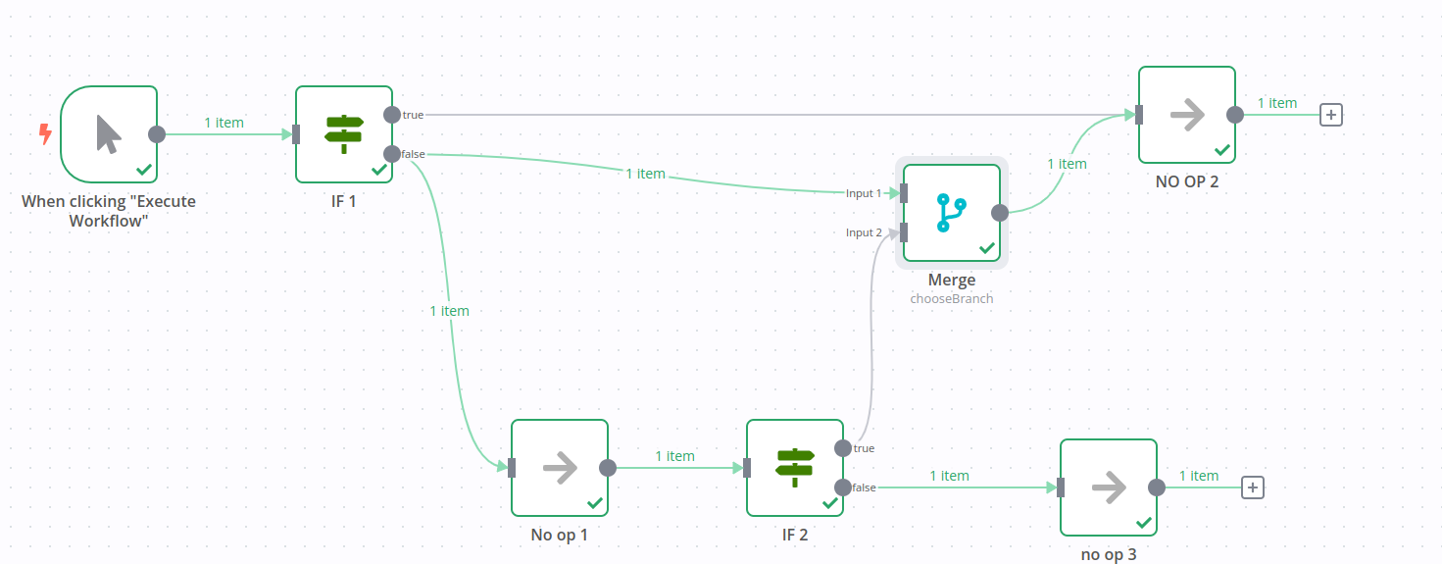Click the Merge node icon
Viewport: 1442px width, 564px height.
pyautogui.click(x=951, y=213)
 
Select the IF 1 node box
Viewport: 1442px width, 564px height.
pyautogui.click(x=344, y=134)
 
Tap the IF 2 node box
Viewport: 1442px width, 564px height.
pyautogui.click(x=795, y=468)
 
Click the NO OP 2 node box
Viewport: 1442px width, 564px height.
pyautogui.click(x=1187, y=115)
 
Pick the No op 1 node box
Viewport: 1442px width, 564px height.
pyautogui.click(x=560, y=468)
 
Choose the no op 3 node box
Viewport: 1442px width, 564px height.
pyautogui.click(x=1109, y=487)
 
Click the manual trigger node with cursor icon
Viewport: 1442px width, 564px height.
pyautogui.click(x=109, y=134)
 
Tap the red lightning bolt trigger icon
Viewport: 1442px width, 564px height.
pyautogui.click(x=44, y=133)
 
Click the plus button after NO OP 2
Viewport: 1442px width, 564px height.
pyautogui.click(x=1330, y=115)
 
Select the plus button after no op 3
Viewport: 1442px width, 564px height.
pyautogui.click(x=1252, y=487)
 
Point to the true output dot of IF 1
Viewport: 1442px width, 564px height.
pyautogui.click(x=392, y=115)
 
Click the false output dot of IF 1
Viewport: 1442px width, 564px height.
pyautogui.click(x=392, y=154)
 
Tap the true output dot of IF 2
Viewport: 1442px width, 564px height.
pyautogui.click(x=843, y=448)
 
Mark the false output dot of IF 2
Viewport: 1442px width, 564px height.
pyautogui.click(x=843, y=487)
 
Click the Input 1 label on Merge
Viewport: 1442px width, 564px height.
pyautogui.click(x=864, y=193)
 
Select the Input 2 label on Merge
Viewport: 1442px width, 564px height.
pyautogui.click(x=864, y=232)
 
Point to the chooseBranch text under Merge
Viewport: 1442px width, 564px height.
pyautogui.click(x=951, y=298)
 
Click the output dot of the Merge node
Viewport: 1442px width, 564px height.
pyautogui.click(x=1000, y=213)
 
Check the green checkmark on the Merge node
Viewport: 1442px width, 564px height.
pyautogui.click(x=986, y=248)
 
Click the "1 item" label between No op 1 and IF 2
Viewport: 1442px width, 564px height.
pyautogui.click(x=674, y=456)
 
